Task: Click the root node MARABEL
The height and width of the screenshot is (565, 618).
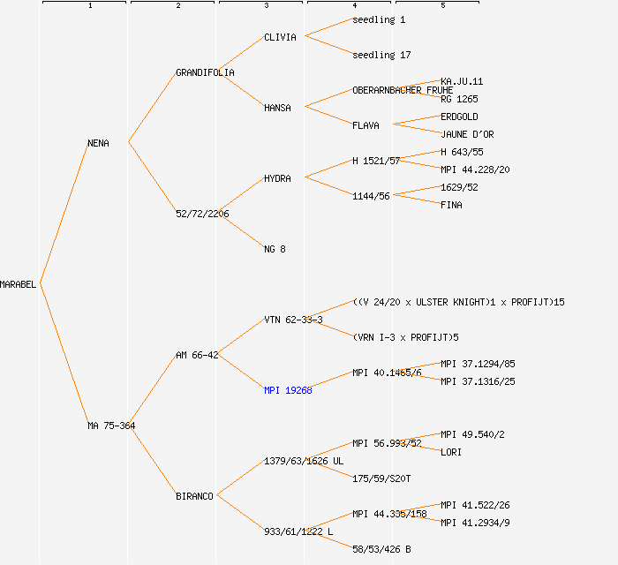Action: tap(19, 284)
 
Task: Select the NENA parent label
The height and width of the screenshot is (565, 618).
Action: tap(98, 143)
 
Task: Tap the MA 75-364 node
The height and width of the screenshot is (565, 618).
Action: tap(111, 426)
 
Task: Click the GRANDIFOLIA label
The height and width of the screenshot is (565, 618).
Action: tap(205, 72)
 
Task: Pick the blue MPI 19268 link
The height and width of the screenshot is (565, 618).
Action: tap(288, 390)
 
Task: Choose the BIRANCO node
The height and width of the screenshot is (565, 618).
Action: tap(194, 496)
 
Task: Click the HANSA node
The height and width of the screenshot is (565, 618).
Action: tap(277, 108)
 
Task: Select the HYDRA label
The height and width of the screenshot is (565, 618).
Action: tap(277, 178)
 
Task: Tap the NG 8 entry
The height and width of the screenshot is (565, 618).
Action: tap(275, 249)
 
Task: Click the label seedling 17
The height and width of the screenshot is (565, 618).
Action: tap(381, 55)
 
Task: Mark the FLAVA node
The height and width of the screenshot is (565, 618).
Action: tap(366, 125)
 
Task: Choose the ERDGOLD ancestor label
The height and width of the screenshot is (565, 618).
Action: tap(459, 117)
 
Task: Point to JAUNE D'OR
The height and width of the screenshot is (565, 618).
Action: tap(467, 134)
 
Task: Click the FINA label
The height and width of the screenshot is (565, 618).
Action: tap(451, 205)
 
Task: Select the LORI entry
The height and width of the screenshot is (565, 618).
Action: tap(451, 452)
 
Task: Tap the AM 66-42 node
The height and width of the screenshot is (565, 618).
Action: tap(197, 355)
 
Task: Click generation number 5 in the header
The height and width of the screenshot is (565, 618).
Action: tap(443, 6)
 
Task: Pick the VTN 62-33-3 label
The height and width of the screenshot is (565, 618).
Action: tap(293, 320)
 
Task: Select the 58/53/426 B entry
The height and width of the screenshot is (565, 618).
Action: tap(381, 549)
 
